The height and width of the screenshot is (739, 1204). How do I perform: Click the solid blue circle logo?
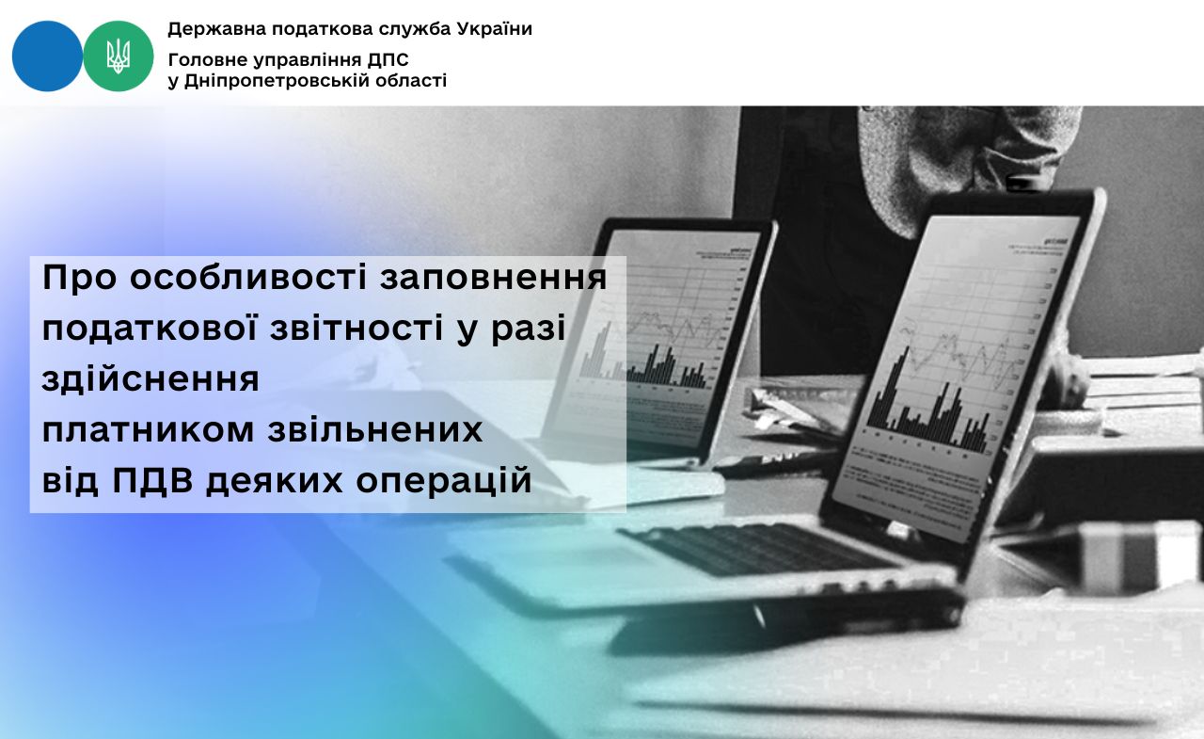click(47, 56)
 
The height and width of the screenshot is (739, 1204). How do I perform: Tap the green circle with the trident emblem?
click(119, 56)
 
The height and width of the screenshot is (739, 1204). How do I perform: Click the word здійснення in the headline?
click(150, 379)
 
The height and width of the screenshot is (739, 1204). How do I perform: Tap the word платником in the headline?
click(148, 429)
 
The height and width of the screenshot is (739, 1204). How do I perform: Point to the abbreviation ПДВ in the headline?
click(152, 480)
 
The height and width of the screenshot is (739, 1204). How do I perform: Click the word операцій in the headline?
click(443, 481)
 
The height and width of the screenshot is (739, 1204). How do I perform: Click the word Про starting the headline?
click(79, 278)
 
